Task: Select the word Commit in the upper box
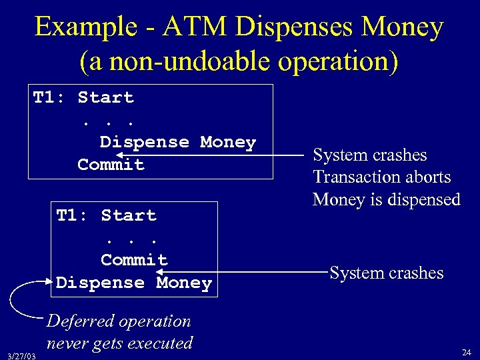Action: pos(111,165)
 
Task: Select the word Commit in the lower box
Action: pos(134,260)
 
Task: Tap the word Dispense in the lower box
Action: pos(100,283)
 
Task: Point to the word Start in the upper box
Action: pos(105,97)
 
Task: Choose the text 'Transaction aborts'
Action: pos(381,177)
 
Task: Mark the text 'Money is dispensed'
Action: pos(387,199)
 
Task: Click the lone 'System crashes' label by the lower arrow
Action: pos(387,273)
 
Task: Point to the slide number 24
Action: pos(466,351)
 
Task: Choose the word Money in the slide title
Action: pos(407,27)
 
